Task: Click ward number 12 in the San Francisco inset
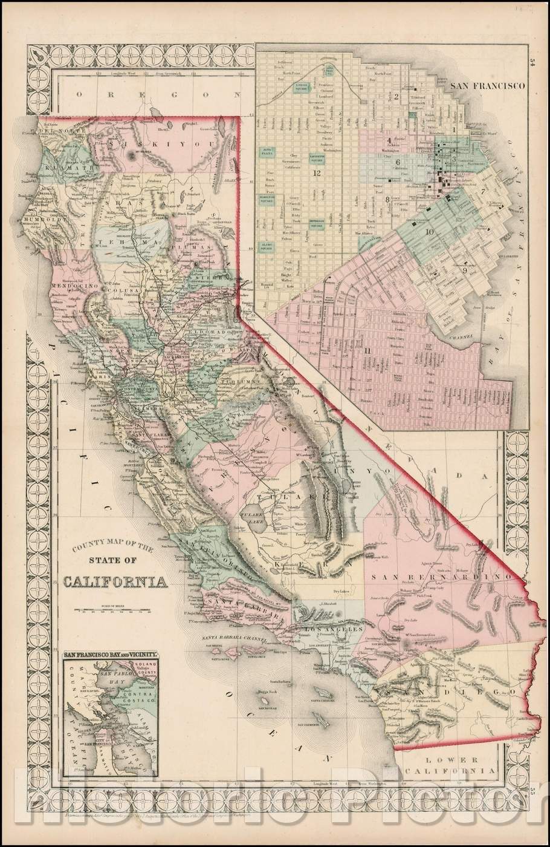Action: coord(316,174)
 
